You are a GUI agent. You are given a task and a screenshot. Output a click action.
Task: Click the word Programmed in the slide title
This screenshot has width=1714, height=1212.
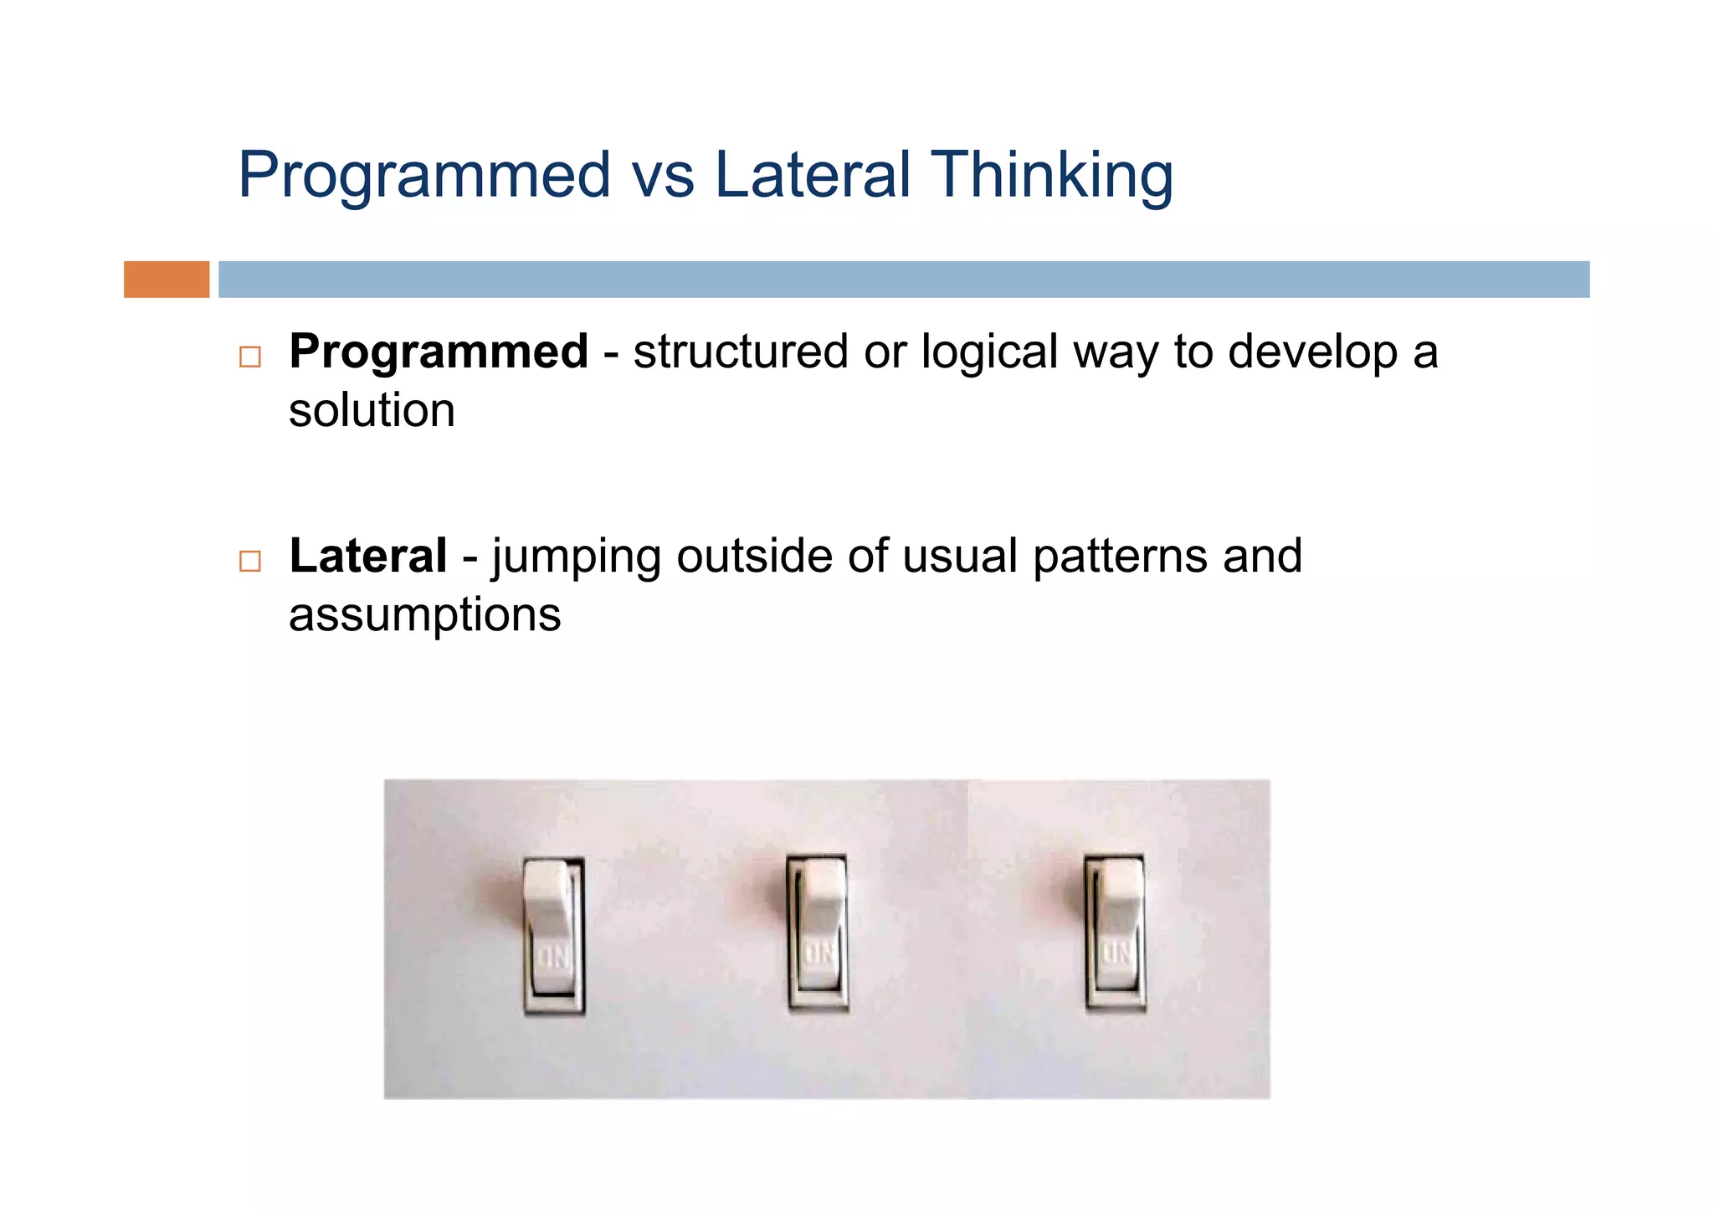pyautogui.click(x=424, y=176)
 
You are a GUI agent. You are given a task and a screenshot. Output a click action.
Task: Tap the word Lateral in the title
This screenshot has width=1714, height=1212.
pyautogui.click(x=812, y=174)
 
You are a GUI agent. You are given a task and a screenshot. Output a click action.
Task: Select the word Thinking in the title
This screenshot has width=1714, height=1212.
pyautogui.click(x=1052, y=176)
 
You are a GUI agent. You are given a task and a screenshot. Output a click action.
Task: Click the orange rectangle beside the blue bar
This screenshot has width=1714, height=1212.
pyautogui.click(x=167, y=280)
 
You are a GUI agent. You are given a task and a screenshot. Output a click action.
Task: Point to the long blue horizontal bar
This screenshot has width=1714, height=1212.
pyautogui.click(x=904, y=280)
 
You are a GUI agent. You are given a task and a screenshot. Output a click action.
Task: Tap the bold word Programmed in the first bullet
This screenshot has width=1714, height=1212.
pyautogui.click(x=439, y=352)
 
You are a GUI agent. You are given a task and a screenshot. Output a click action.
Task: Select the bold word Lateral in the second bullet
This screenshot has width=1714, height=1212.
pyautogui.click(x=368, y=556)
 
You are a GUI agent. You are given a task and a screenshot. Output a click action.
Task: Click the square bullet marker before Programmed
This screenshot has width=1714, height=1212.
pyautogui.click(x=249, y=357)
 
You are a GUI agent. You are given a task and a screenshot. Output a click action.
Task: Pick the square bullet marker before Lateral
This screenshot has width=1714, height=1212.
pyautogui.click(x=249, y=561)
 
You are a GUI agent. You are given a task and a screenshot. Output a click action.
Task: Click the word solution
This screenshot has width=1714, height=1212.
pyautogui.click(x=372, y=411)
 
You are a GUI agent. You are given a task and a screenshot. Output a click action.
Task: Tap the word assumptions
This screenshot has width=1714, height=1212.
pyautogui.click(x=424, y=616)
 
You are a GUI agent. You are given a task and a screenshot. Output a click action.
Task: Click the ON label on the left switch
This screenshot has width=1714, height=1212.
pyautogui.click(x=552, y=956)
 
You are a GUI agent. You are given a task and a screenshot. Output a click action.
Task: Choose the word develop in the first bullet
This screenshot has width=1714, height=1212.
pyautogui.click(x=1312, y=352)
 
